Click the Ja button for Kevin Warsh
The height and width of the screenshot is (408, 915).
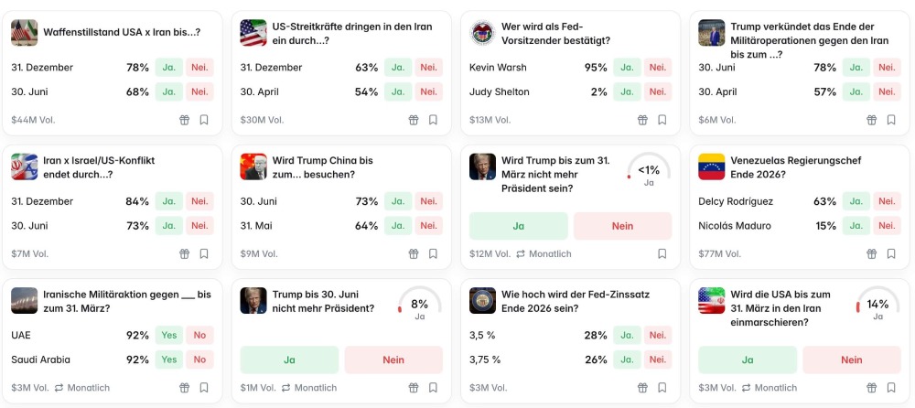pos(627,68)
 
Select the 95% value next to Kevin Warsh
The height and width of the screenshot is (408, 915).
pos(596,68)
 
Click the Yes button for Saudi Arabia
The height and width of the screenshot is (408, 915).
pos(168,360)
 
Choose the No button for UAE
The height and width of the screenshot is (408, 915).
pos(199,335)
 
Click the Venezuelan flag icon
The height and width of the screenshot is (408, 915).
pos(711,166)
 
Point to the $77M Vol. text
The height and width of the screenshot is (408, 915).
pos(716,254)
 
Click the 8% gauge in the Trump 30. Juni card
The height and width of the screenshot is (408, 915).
pos(419,306)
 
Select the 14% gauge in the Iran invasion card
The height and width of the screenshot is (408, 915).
pos(877,306)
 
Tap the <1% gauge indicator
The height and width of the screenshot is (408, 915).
pos(649,171)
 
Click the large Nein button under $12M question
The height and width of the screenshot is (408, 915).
pos(622,226)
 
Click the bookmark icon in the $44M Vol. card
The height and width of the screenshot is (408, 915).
pos(204,120)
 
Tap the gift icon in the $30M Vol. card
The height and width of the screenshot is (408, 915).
pos(413,120)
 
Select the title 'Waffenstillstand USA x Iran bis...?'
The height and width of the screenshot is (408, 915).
pos(122,32)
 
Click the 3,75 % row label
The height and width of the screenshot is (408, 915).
pos(485,360)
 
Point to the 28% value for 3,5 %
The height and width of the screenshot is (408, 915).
pos(596,335)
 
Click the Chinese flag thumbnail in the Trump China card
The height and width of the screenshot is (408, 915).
pos(253,166)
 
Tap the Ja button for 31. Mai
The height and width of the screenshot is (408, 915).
pos(397,226)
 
